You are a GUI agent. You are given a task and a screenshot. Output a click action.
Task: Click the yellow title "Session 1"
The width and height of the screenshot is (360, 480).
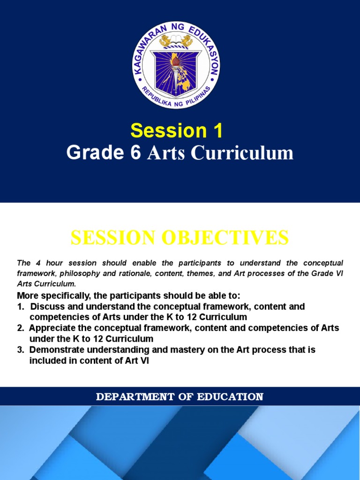(x=177, y=131)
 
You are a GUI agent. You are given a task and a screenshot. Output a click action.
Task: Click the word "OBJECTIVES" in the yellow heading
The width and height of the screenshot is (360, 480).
(x=225, y=238)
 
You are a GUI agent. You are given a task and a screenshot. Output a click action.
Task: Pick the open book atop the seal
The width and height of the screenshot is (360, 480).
(x=176, y=39)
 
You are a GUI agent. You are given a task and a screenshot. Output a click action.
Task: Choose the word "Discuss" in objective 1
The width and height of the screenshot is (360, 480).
(x=46, y=307)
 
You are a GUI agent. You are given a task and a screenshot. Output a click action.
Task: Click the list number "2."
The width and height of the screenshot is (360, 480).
(x=21, y=328)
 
